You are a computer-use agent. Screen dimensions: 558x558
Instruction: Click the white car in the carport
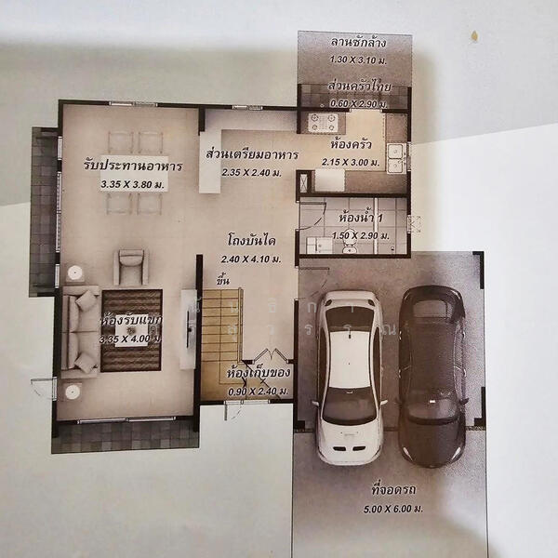click(x=349, y=377)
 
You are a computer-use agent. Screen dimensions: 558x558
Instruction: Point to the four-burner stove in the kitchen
click(x=323, y=122)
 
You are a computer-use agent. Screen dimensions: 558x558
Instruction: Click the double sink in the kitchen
click(x=396, y=157)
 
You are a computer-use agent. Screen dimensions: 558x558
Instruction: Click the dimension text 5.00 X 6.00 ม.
click(x=389, y=508)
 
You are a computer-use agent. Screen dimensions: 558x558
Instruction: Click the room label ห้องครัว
click(x=351, y=146)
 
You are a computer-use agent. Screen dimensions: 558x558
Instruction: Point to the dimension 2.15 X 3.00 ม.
click(x=351, y=162)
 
